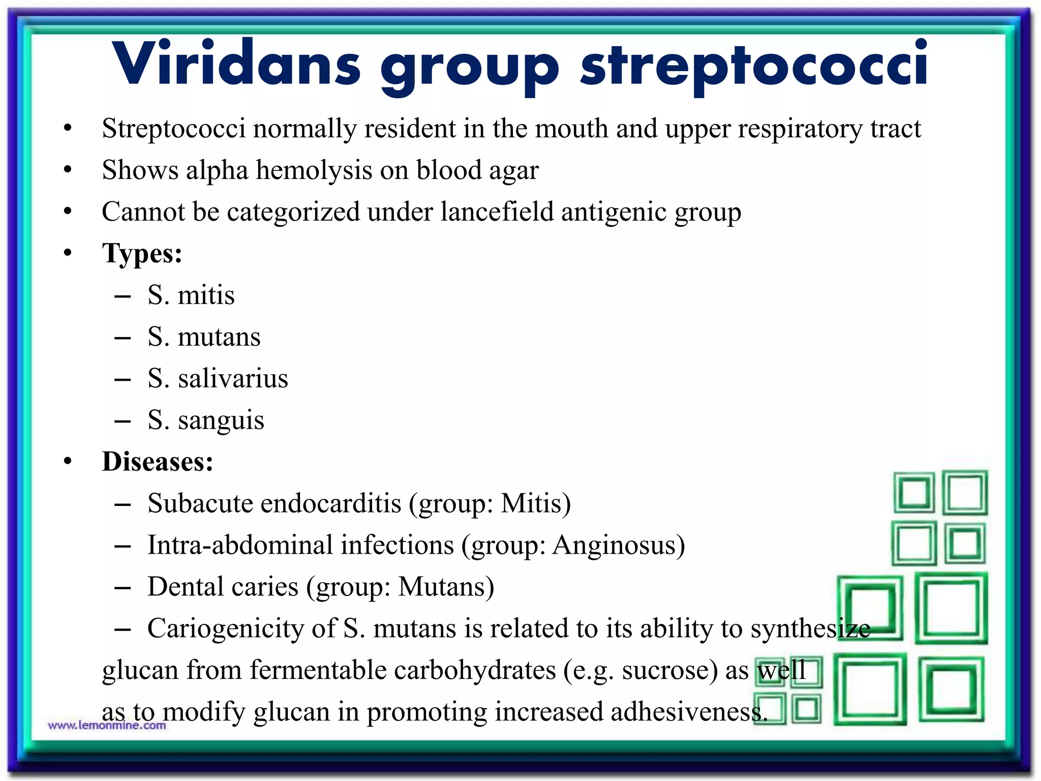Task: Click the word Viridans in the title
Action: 236,64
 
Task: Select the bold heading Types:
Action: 142,253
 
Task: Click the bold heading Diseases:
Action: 158,462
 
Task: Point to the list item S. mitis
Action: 191,295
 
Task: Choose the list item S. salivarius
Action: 218,378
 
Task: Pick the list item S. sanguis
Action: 206,420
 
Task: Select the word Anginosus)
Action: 619,545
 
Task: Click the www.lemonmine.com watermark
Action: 107,726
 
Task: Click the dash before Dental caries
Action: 123,588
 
